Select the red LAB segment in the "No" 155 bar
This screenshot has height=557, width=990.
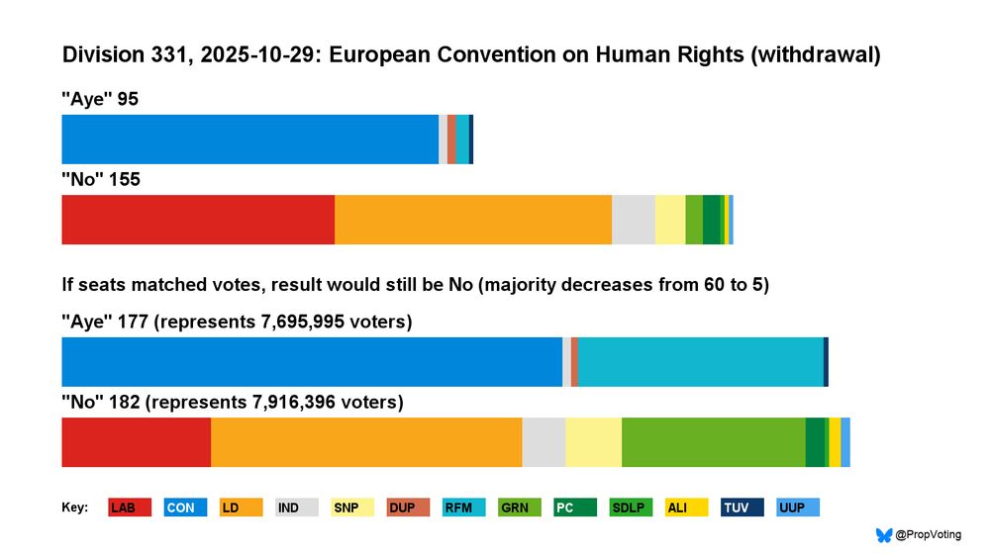tap(198, 220)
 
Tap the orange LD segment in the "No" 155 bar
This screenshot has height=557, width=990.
tap(473, 220)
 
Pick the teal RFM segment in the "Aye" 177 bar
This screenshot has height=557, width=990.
tap(700, 362)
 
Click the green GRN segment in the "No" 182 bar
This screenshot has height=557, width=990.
tap(713, 442)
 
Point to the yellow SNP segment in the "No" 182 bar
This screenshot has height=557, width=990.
tap(593, 442)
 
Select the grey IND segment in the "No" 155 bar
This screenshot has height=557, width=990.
tap(634, 220)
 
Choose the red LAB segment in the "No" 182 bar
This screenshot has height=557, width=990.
tap(136, 442)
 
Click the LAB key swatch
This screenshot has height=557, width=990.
tap(130, 508)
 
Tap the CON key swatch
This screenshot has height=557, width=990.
tap(185, 508)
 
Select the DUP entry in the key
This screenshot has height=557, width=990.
tap(408, 508)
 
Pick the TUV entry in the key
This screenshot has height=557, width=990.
tap(742, 508)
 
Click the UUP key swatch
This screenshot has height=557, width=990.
tap(798, 508)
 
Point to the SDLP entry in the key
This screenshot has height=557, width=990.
tap(631, 508)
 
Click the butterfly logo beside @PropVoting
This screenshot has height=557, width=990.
tap(884, 535)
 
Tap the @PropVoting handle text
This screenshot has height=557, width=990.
tap(928, 535)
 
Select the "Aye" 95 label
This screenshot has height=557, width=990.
tap(99, 99)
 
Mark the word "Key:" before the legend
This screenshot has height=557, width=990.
tap(75, 508)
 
